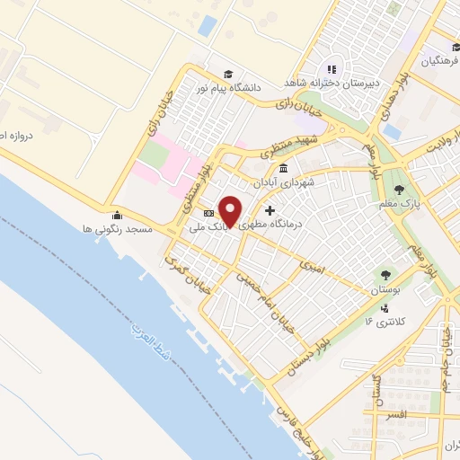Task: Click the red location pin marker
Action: (x=231, y=211)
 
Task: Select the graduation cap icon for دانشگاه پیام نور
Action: (x=228, y=73)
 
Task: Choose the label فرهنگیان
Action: (x=438, y=61)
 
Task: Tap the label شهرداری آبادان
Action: (x=284, y=182)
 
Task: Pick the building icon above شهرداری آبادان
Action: (x=284, y=169)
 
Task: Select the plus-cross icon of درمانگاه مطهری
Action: (x=270, y=210)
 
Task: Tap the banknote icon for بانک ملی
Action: (x=208, y=214)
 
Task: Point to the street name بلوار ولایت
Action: (x=443, y=141)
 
